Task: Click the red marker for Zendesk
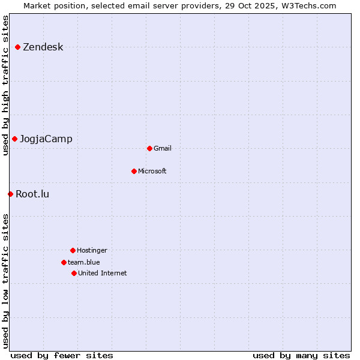pos(18,47)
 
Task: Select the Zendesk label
pos(43,47)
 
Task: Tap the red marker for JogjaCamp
pos(14,139)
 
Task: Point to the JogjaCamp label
pos(46,139)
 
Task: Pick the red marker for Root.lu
pos(10,194)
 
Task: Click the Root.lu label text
pos(32,194)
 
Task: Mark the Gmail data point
pos(149,148)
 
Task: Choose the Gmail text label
pos(163,149)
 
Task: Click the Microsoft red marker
pos(134,171)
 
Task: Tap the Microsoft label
pos(152,172)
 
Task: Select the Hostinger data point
pos(73,250)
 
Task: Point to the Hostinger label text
pos(92,251)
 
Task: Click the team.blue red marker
pos(64,262)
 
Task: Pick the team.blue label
pos(84,263)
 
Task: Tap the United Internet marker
pos(74,273)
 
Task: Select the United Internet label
pos(103,274)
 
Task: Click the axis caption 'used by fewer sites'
pos(62,355)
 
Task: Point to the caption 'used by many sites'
pos(301,355)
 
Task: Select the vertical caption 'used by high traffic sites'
pos(5,85)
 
